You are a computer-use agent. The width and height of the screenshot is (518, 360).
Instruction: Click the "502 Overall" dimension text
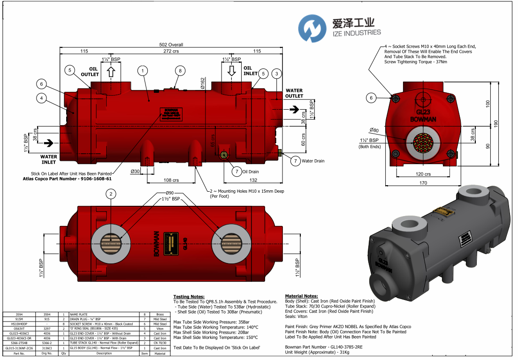(x=171, y=45)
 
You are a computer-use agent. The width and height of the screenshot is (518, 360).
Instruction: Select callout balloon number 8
(x=180, y=71)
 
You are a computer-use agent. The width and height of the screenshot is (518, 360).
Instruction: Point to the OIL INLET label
(x=251, y=71)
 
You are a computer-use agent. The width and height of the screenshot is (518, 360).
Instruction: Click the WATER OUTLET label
(x=294, y=93)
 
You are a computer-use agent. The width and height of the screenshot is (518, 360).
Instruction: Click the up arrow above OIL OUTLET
(x=111, y=72)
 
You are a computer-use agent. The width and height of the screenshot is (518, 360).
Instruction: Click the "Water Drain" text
(x=313, y=161)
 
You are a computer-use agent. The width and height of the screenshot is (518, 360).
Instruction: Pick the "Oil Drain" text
(x=251, y=172)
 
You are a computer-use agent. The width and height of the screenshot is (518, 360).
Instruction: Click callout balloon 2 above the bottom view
(x=111, y=194)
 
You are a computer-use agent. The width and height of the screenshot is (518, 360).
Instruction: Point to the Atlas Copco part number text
(x=67, y=179)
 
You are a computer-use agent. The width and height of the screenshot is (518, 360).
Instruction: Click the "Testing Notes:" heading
(x=189, y=297)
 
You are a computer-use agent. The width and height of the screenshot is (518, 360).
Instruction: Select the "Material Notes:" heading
(x=301, y=296)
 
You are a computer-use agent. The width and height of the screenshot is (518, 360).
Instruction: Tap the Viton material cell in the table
(x=160, y=329)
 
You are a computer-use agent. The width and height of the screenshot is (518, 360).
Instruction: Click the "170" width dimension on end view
(x=423, y=183)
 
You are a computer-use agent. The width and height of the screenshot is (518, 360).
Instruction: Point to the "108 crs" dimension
(x=171, y=180)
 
